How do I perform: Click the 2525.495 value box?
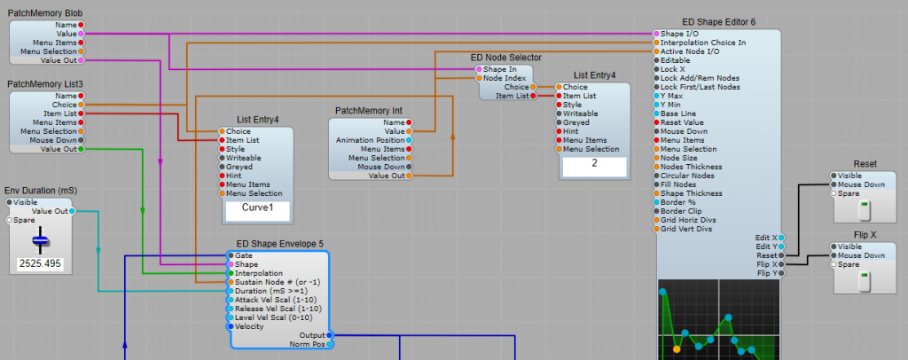pos(40,264)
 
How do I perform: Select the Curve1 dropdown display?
pos(256,209)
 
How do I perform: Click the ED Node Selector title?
pos(505,58)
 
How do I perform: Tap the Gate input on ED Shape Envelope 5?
pos(231,255)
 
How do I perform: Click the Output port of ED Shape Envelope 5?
pos(329,335)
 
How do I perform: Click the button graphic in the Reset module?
pos(865,211)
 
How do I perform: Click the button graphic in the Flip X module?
pos(865,281)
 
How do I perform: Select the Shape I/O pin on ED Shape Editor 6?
pos(657,34)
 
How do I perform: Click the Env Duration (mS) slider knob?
pos(40,240)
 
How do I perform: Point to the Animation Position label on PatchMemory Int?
pos(372,140)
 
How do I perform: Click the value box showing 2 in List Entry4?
pos(594,165)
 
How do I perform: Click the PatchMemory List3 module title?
pos(45,84)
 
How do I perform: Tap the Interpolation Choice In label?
pos(703,43)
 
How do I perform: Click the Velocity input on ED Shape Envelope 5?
pos(231,326)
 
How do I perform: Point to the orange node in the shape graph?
pos(678,348)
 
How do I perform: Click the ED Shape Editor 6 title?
pos(719,22)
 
